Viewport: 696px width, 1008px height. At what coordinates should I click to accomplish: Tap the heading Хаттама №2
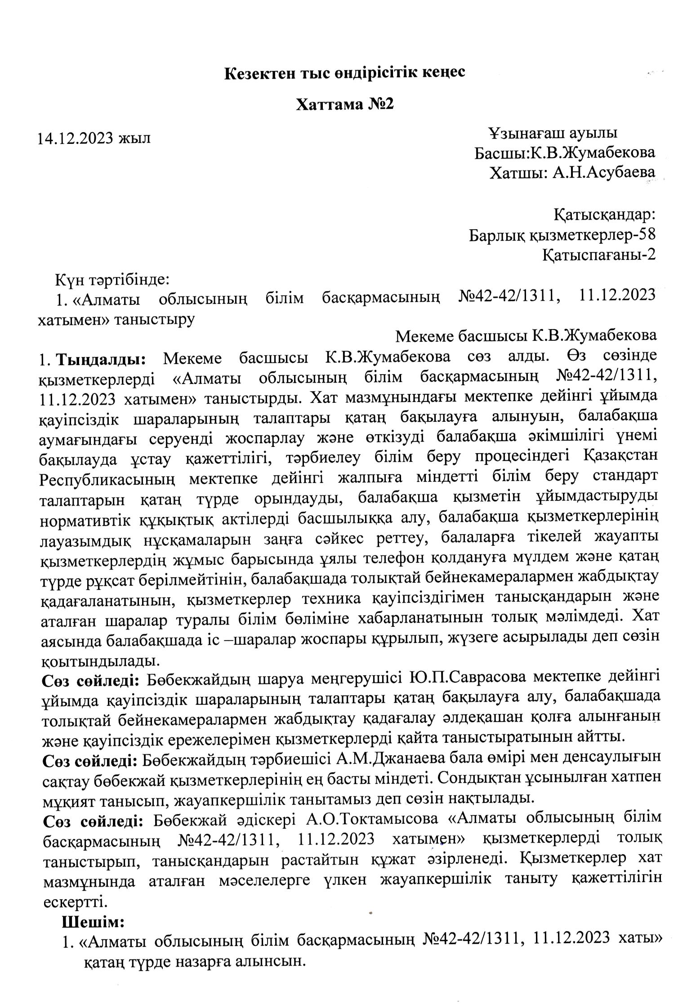(x=345, y=105)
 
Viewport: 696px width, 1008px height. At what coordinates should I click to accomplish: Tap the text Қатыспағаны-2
(x=598, y=255)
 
